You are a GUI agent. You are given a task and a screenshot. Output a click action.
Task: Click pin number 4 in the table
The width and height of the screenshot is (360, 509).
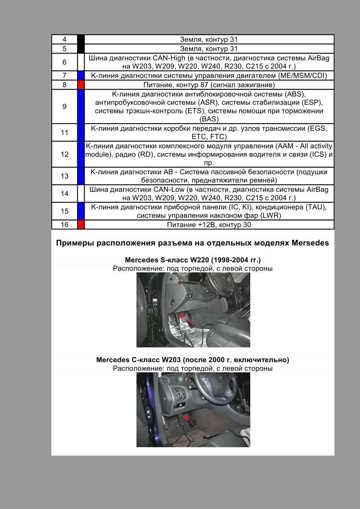[64, 39]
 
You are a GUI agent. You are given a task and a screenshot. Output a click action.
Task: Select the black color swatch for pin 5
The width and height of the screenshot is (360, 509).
[81, 49]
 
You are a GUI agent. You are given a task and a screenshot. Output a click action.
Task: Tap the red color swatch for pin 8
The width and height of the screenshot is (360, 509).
[81, 85]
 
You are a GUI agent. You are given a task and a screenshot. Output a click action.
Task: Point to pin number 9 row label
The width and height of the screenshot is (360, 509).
[64, 106]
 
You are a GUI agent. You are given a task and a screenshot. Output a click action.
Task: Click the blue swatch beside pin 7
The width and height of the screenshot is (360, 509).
[81, 75]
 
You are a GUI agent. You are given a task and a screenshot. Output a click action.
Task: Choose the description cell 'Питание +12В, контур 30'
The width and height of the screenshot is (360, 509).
[209, 225]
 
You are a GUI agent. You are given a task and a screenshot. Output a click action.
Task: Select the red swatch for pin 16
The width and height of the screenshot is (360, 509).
[81, 225]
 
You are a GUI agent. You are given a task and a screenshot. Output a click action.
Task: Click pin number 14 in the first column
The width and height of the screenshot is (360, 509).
[64, 193]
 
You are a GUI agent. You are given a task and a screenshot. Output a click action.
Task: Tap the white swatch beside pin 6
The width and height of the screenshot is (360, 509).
[81, 62]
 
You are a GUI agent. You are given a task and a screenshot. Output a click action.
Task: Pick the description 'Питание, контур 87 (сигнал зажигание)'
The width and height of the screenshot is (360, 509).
[209, 85]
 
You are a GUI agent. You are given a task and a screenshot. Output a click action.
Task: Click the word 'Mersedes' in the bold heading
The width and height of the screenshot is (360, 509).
[310, 243]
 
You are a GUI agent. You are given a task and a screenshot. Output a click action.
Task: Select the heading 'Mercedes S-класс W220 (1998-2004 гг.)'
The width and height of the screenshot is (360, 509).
[192, 260]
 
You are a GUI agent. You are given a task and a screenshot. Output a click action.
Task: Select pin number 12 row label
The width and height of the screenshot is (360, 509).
[64, 154]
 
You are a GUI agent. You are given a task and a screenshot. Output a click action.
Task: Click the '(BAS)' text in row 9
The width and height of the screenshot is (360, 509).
[209, 119]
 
